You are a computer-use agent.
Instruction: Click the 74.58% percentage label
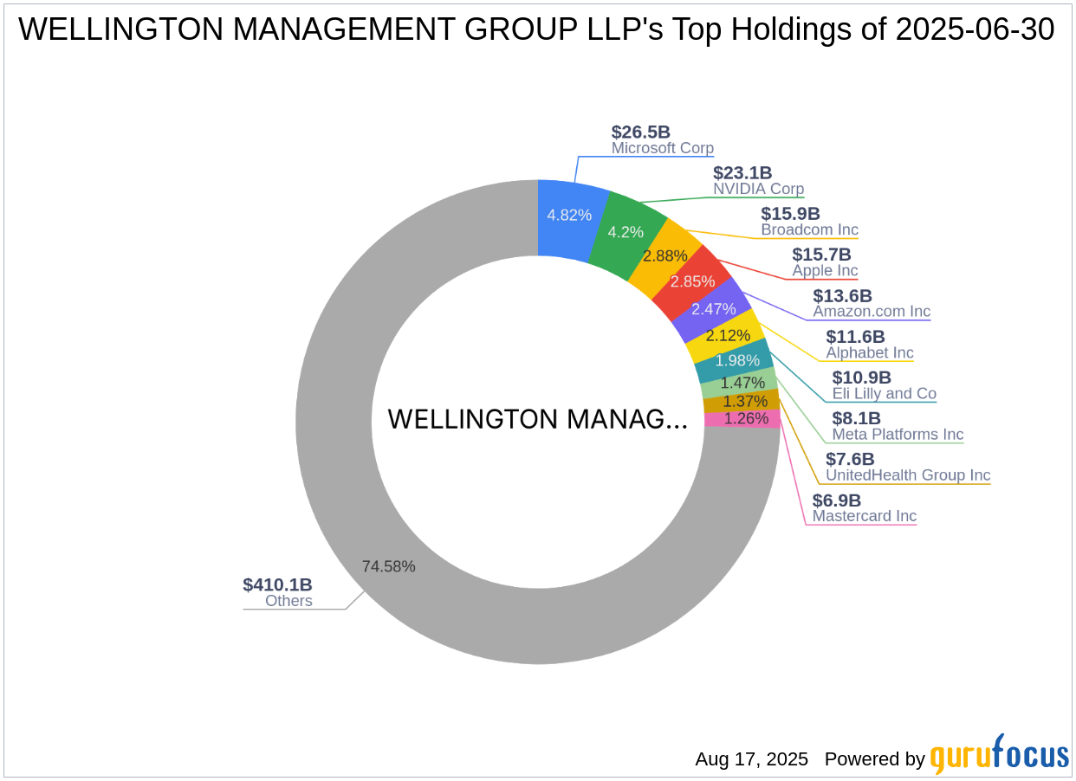pos(388,566)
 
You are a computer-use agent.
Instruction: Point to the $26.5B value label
pos(640,132)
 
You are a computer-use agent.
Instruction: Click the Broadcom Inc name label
pos(809,229)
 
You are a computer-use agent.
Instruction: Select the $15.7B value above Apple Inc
pos(821,255)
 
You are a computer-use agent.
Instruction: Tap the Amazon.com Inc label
pos(871,311)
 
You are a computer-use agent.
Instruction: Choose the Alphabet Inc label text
pos(869,352)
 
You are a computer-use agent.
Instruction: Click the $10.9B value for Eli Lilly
pos(861,378)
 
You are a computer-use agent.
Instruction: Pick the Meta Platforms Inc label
pos(898,434)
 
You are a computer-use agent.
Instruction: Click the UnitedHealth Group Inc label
pos(907,474)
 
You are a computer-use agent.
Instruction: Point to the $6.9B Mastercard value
pos(836,500)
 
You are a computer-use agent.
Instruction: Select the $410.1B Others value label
pos(277,584)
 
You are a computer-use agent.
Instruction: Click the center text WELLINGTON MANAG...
pos(537,419)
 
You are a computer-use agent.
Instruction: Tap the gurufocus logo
pos(999,756)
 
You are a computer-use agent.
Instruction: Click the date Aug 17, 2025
pos(751,759)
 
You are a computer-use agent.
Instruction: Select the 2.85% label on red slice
pos(693,281)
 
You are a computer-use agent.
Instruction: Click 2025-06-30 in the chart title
pos(975,29)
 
